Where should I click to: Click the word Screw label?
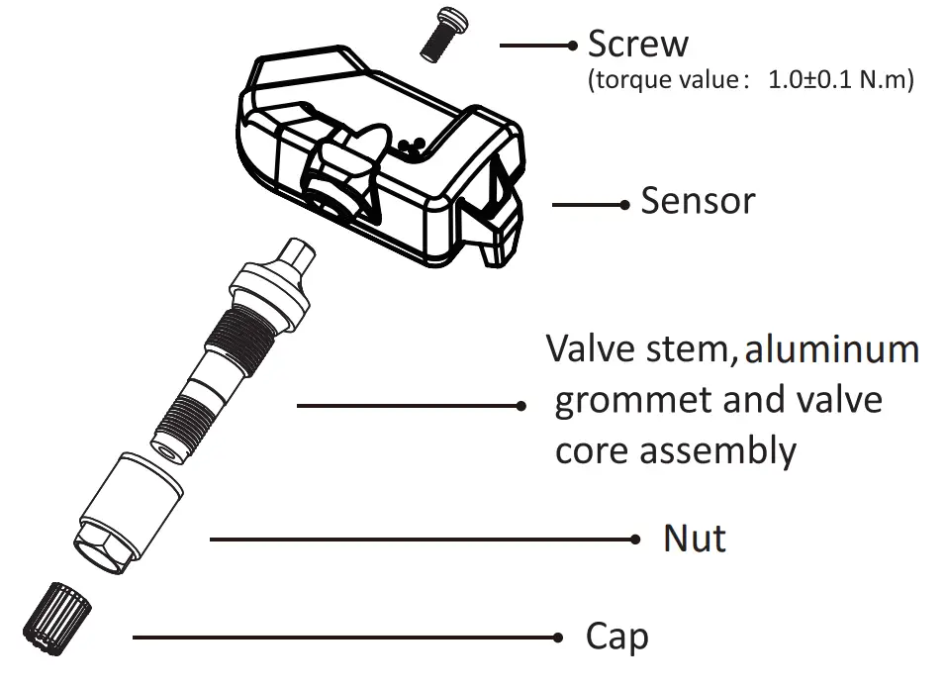(637, 45)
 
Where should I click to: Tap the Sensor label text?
(698, 201)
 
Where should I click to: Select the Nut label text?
(695, 540)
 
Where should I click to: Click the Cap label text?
(617, 636)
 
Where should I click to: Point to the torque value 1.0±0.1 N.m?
(840, 80)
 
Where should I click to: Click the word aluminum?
(832, 350)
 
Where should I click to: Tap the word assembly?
(718, 451)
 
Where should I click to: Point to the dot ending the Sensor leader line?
(624, 205)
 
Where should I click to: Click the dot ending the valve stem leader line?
(522, 405)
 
